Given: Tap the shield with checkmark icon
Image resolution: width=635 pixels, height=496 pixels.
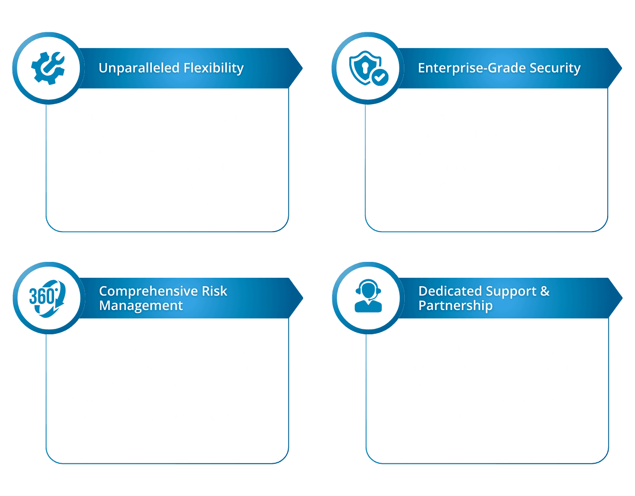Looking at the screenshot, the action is point(368,68).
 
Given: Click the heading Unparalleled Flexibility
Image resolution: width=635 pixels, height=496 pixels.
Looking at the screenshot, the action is point(171,68).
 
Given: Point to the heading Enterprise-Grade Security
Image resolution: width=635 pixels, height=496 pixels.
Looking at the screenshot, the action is point(499,68).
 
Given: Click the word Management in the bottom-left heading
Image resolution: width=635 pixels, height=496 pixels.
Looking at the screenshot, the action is point(141,306).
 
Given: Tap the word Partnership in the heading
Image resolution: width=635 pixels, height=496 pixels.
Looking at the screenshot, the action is point(455,306).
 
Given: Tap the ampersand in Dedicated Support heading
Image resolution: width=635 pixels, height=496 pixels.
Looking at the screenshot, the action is point(545,291).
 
